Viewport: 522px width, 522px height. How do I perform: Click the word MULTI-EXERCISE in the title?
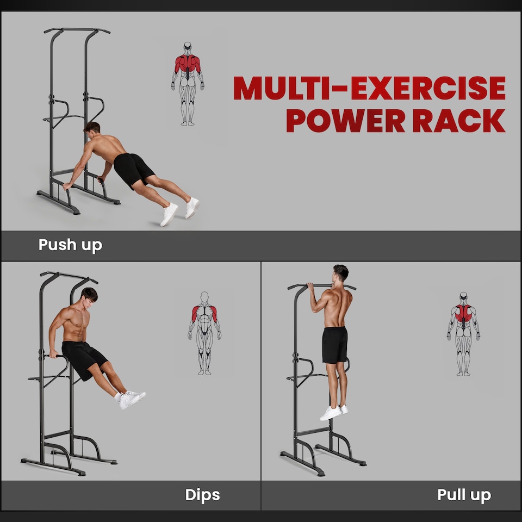(x=369, y=88)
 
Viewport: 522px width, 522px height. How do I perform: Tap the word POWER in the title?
(x=346, y=121)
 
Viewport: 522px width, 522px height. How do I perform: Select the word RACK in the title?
(x=459, y=121)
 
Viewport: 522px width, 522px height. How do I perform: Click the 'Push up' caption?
(x=70, y=245)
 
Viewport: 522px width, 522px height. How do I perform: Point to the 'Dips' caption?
(x=202, y=495)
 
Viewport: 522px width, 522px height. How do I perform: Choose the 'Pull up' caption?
(x=464, y=495)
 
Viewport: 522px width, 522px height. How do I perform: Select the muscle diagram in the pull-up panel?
(x=463, y=333)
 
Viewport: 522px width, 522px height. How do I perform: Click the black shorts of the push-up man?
(x=133, y=169)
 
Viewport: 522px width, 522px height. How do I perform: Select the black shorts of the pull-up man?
(x=334, y=345)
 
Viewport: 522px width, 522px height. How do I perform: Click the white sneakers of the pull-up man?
(x=333, y=412)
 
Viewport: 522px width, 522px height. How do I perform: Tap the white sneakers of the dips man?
(x=130, y=399)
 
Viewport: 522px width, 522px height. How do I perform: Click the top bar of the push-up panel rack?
(x=77, y=30)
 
